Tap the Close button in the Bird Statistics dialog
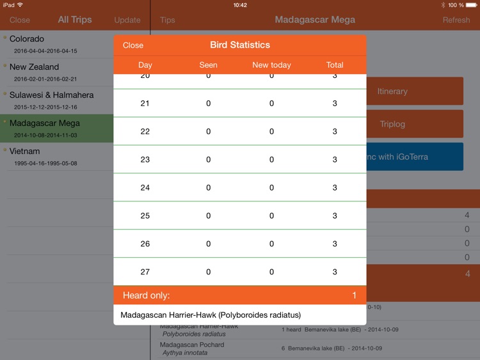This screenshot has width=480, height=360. pos(133,45)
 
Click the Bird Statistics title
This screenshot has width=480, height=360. pos(240,45)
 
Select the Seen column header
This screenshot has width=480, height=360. pos(208,65)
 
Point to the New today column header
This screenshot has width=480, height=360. pos(271,65)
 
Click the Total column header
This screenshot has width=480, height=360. pos(335,65)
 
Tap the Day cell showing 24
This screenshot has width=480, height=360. pos(145,188)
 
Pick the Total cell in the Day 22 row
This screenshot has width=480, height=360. pos(335,132)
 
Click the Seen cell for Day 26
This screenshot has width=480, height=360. pos(208,244)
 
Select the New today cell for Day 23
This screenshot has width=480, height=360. pos(271,160)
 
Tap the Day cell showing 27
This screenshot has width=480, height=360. pos(145,272)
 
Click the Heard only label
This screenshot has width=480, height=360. pos(147,295)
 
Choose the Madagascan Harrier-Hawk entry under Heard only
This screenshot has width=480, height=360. pos(211,315)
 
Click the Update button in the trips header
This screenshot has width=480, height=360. pos(127,20)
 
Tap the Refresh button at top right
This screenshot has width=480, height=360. pos(456,20)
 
